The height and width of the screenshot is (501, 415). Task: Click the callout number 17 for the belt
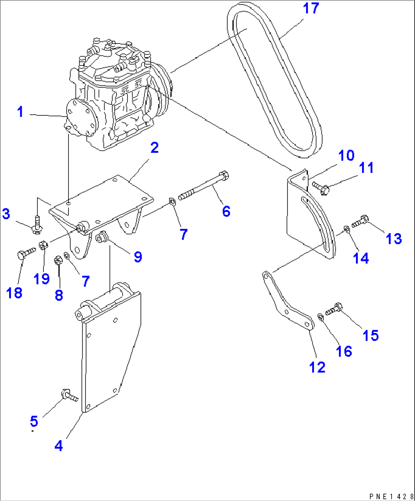pos(311,8)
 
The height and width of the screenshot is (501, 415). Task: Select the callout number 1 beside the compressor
pos(20,112)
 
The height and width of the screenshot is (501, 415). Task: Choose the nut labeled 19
pos(43,246)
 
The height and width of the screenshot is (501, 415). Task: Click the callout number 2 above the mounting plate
pos(154,148)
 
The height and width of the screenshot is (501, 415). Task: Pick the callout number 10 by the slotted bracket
pos(346,155)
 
